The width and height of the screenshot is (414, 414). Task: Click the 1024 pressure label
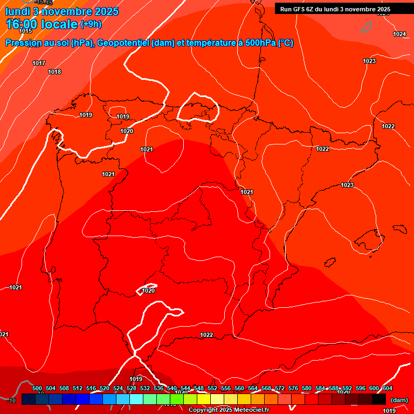click(x=399, y=34)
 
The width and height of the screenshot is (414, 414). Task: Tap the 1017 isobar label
click(x=39, y=63)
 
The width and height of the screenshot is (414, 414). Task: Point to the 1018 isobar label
click(x=54, y=72)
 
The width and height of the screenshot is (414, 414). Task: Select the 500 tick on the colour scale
click(x=37, y=388)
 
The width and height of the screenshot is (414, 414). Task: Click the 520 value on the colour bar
click(x=105, y=388)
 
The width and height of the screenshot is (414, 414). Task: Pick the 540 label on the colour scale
click(x=172, y=388)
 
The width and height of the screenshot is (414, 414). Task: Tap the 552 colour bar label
click(x=212, y=388)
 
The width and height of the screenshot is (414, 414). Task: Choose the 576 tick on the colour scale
click(x=293, y=388)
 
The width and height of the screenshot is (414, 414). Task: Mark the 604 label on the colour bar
click(x=387, y=388)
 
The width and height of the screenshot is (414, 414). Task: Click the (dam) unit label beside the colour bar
click(x=399, y=399)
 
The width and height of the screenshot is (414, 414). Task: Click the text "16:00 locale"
click(x=42, y=24)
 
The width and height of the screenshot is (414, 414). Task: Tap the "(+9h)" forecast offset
click(x=91, y=24)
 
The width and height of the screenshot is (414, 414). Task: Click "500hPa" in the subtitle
click(x=261, y=43)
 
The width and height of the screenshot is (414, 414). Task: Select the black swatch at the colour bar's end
click(x=378, y=399)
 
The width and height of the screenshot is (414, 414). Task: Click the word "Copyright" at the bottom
click(x=203, y=410)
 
